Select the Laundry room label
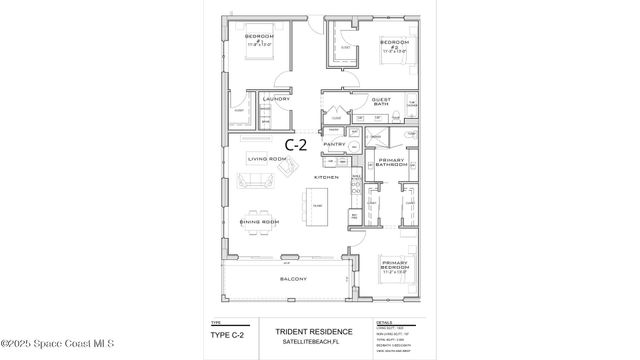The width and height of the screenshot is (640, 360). [x=275, y=99]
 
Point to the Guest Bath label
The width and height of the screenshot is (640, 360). [x=381, y=102]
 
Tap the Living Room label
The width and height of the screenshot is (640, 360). [x=268, y=158]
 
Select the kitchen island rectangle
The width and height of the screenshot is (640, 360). [x=317, y=206]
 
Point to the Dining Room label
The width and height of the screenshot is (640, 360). [x=257, y=222]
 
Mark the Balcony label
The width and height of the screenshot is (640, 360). [x=293, y=279]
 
